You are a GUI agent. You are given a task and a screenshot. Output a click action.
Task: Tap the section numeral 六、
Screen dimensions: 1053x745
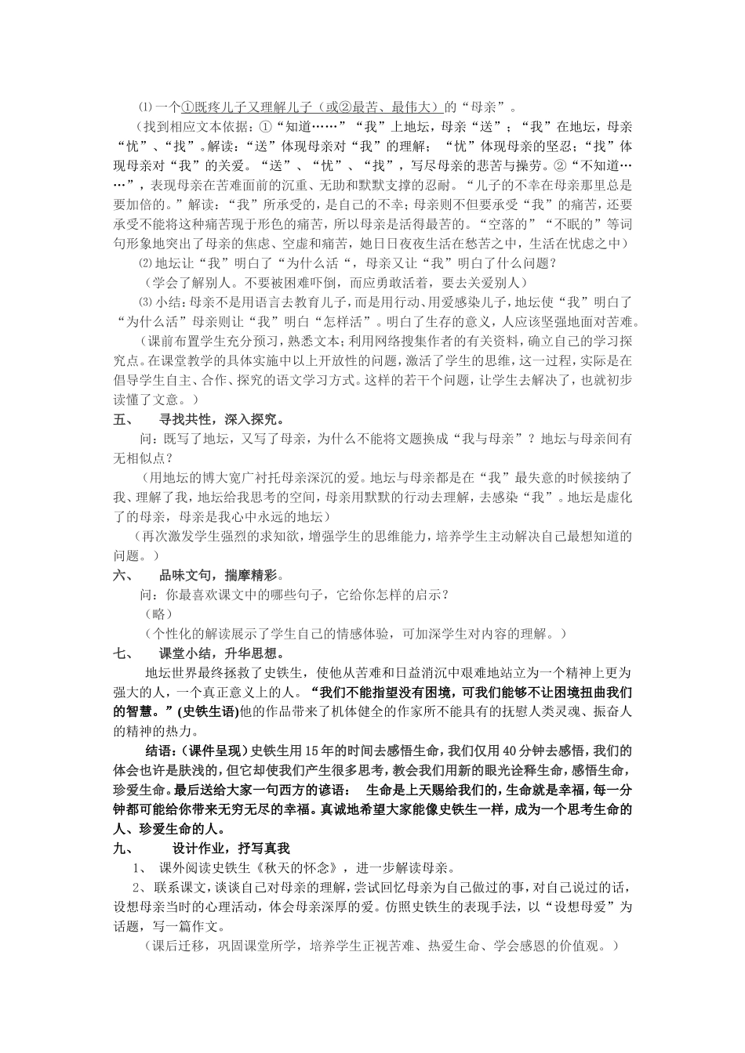pyautogui.click(x=124, y=574)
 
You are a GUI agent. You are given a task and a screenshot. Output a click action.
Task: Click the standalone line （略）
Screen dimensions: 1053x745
pyautogui.click(x=159, y=613)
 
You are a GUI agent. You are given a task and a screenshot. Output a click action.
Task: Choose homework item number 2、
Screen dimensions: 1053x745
pyautogui.click(x=138, y=887)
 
